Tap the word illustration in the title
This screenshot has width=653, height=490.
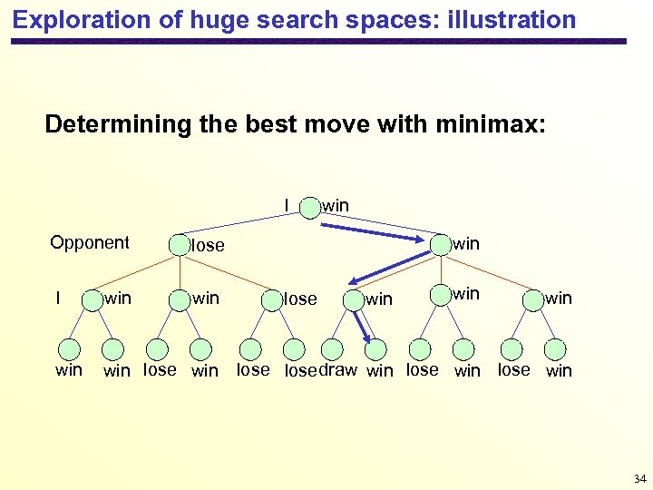click(x=512, y=20)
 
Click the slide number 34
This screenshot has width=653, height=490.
click(x=639, y=478)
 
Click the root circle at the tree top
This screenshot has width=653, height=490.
click(x=309, y=207)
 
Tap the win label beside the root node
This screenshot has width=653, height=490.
click(x=336, y=206)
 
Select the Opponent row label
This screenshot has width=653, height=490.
click(x=90, y=242)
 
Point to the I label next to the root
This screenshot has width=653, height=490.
click(x=287, y=205)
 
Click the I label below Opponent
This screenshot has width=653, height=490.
click(x=58, y=298)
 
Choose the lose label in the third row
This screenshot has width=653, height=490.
click(x=300, y=299)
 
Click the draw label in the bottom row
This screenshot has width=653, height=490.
click(x=337, y=369)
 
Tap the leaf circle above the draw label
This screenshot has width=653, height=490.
click(x=332, y=349)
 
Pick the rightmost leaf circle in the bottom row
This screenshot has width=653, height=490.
click(x=556, y=349)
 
